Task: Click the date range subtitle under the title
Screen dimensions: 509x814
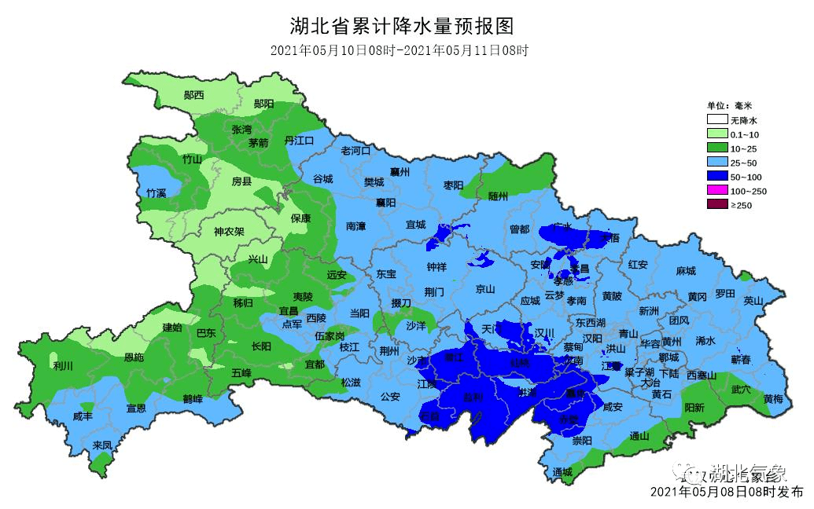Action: coord(398,51)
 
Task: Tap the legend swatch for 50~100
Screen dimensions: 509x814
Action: coord(716,177)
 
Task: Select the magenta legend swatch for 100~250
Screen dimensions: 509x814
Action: coord(716,191)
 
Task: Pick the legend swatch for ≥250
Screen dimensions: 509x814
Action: coord(716,205)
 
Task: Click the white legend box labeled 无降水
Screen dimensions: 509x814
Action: coord(716,120)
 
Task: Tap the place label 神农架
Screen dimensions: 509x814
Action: coord(230,232)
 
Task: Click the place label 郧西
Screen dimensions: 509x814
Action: coord(193,95)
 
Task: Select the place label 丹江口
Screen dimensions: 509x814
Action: coord(299,140)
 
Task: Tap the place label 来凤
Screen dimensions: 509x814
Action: coord(102,445)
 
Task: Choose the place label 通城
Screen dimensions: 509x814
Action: coord(563,471)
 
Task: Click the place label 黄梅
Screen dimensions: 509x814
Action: coord(773,399)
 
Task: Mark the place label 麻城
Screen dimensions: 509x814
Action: coord(685,270)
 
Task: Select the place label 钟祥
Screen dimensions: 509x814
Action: coord(436,266)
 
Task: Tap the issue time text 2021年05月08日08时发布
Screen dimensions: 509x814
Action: coord(727,492)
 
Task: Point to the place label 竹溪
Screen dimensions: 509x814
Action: coord(156,192)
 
